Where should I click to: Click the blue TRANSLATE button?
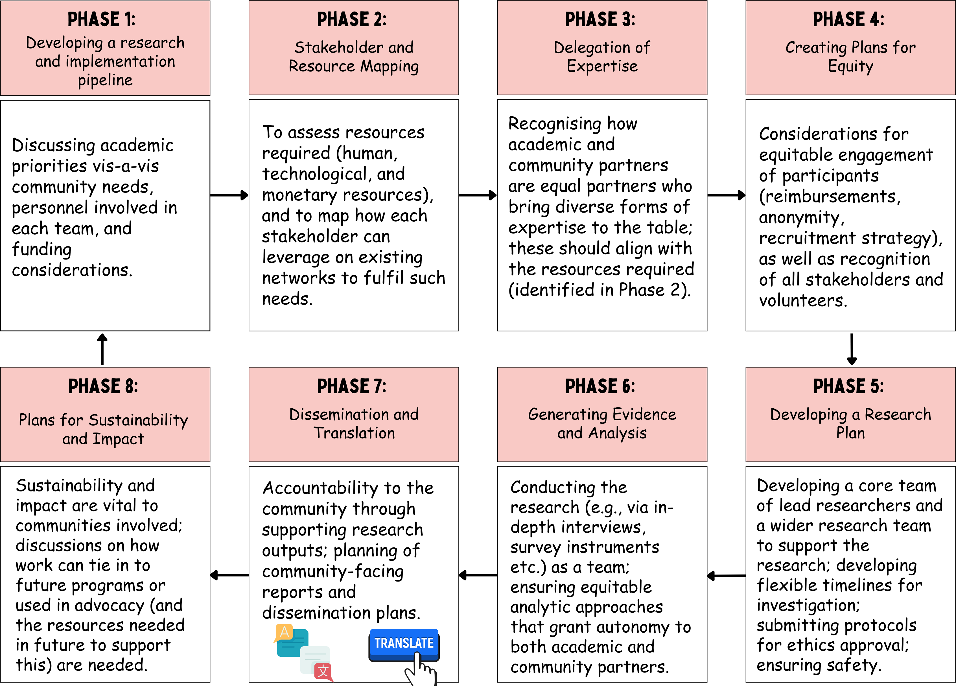(404, 644)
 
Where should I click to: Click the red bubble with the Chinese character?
(323, 671)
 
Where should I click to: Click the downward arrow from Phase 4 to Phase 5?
(852, 349)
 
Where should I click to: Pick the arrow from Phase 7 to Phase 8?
(229, 575)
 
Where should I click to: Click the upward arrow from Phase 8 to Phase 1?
(102, 349)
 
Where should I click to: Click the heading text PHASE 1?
(102, 19)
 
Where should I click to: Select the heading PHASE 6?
(600, 386)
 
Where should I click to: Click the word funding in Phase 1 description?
(42, 250)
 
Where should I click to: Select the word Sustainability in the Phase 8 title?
(139, 420)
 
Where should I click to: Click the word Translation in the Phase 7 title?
(354, 433)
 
